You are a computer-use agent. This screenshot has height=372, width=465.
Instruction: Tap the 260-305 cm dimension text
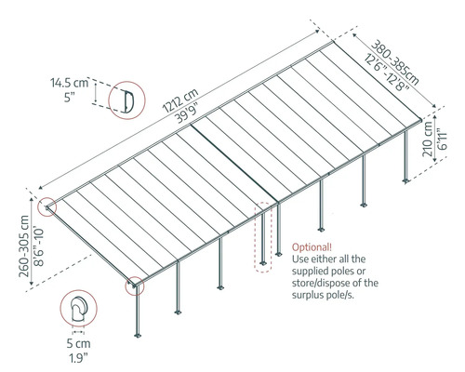tap(13, 239)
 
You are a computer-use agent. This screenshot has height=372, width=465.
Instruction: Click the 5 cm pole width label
tap(78, 344)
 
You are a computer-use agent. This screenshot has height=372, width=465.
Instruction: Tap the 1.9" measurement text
tap(78, 357)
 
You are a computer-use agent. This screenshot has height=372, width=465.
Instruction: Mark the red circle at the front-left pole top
tap(136, 285)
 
